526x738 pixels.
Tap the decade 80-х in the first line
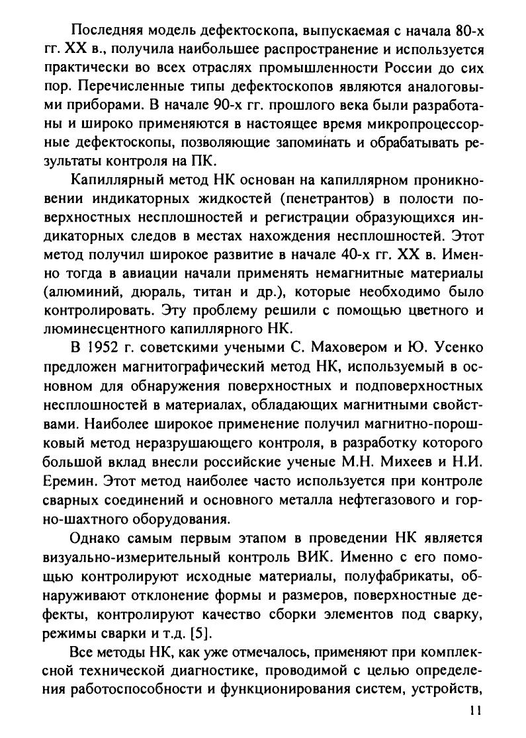point(466,30)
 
